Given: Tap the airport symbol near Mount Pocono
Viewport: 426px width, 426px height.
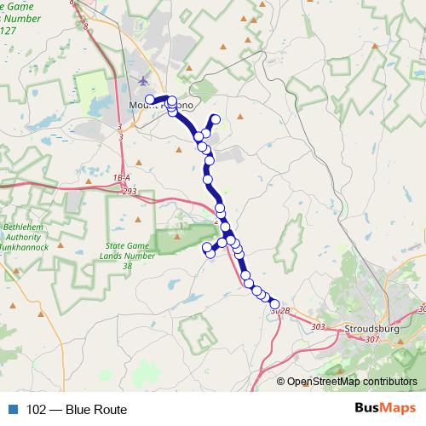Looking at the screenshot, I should coord(142,82).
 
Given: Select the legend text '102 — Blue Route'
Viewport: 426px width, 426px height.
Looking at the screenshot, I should coord(77,409).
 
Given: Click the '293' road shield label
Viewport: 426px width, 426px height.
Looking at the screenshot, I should coord(129,193).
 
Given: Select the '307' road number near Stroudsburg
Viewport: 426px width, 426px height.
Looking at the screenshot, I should coord(372,339).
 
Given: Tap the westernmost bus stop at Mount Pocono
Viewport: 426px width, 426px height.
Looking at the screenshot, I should coord(150,100).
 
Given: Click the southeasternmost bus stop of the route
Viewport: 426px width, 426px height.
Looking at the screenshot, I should coord(274,304).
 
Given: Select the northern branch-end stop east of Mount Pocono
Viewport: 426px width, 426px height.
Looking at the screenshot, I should coord(215,118).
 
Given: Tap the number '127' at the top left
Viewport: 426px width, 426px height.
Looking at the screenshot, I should coord(10,31).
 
